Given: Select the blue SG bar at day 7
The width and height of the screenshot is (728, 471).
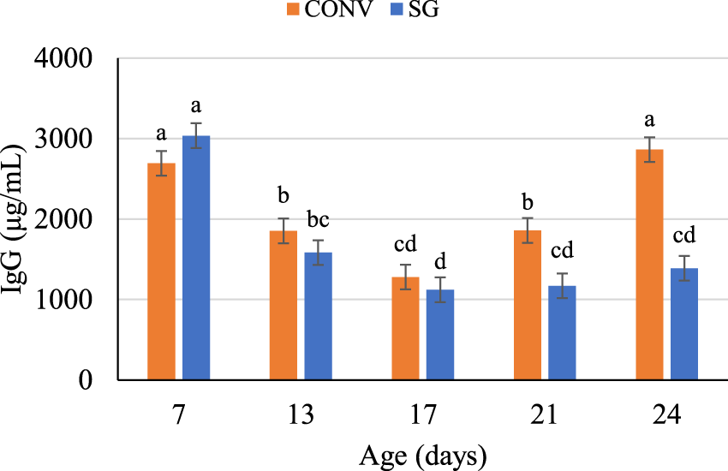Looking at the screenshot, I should (x=196, y=257).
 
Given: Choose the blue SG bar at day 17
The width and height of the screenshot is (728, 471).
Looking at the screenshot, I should (x=440, y=335).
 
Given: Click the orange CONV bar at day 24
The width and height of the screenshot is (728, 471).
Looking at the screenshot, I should (x=650, y=265).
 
